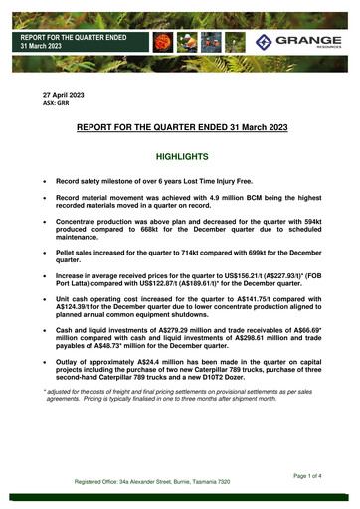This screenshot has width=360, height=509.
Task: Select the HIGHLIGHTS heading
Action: pos(179,157)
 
